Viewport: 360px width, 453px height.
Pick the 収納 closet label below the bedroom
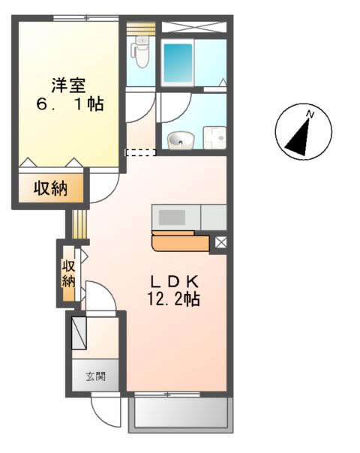point(50,189)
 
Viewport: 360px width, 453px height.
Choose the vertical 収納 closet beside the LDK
point(68,273)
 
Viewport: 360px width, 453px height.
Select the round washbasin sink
point(178,139)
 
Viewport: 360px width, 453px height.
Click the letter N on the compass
point(309,114)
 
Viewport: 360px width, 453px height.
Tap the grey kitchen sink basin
point(171,217)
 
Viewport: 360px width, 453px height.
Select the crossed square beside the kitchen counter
point(220,242)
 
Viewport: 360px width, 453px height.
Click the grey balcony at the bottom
point(180,413)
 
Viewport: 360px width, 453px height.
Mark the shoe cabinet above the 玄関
point(79,333)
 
